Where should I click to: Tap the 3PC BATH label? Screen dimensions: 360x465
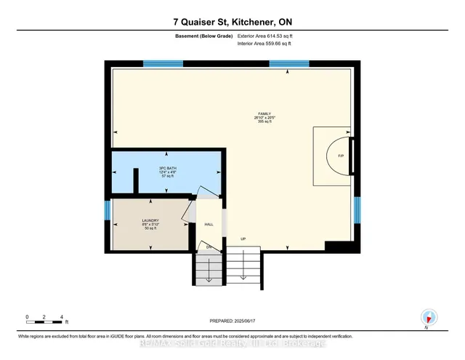pyautogui.click(x=168, y=168)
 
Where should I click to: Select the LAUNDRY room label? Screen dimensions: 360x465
pyautogui.click(x=150, y=220)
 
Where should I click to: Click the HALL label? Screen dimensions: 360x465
pyautogui.click(x=209, y=225)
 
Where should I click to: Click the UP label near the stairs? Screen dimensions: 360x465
pyautogui.click(x=244, y=239)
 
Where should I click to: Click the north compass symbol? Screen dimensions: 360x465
pyautogui.click(x=428, y=317)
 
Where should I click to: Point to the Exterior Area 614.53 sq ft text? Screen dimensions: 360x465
pyautogui.click(x=268, y=35)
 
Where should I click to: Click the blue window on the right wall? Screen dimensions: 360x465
pyautogui.click(x=357, y=210)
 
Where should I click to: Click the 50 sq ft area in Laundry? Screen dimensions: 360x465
pyautogui.click(x=150, y=229)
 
